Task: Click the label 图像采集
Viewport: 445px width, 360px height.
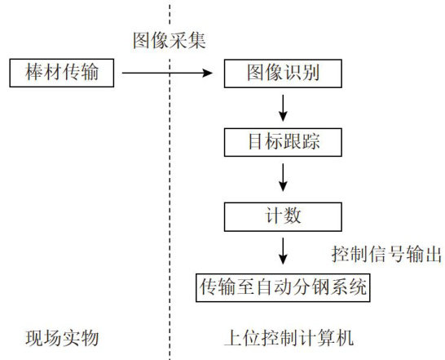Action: pos(170,40)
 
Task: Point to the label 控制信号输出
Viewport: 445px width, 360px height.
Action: pos(386,254)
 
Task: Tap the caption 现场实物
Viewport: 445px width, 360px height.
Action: pos(62,338)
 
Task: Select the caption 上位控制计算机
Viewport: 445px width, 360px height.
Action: pos(289,338)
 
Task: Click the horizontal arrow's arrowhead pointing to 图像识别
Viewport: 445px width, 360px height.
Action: pos(208,73)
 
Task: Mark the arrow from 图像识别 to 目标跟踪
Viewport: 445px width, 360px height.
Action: pos(283,108)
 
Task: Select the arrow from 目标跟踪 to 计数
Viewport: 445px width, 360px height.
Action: pos(283,177)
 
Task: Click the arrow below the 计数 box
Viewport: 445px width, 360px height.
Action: pos(283,251)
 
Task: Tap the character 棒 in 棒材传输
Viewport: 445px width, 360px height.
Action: pos(34,72)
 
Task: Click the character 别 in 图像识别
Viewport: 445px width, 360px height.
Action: pos(311,72)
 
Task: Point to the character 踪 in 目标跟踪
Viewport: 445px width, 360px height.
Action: pos(311,141)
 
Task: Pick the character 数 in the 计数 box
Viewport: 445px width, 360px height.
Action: pos(293,216)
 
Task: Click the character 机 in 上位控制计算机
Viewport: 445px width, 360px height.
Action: pos(345,338)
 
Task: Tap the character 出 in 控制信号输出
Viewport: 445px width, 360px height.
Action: pos(433,254)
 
